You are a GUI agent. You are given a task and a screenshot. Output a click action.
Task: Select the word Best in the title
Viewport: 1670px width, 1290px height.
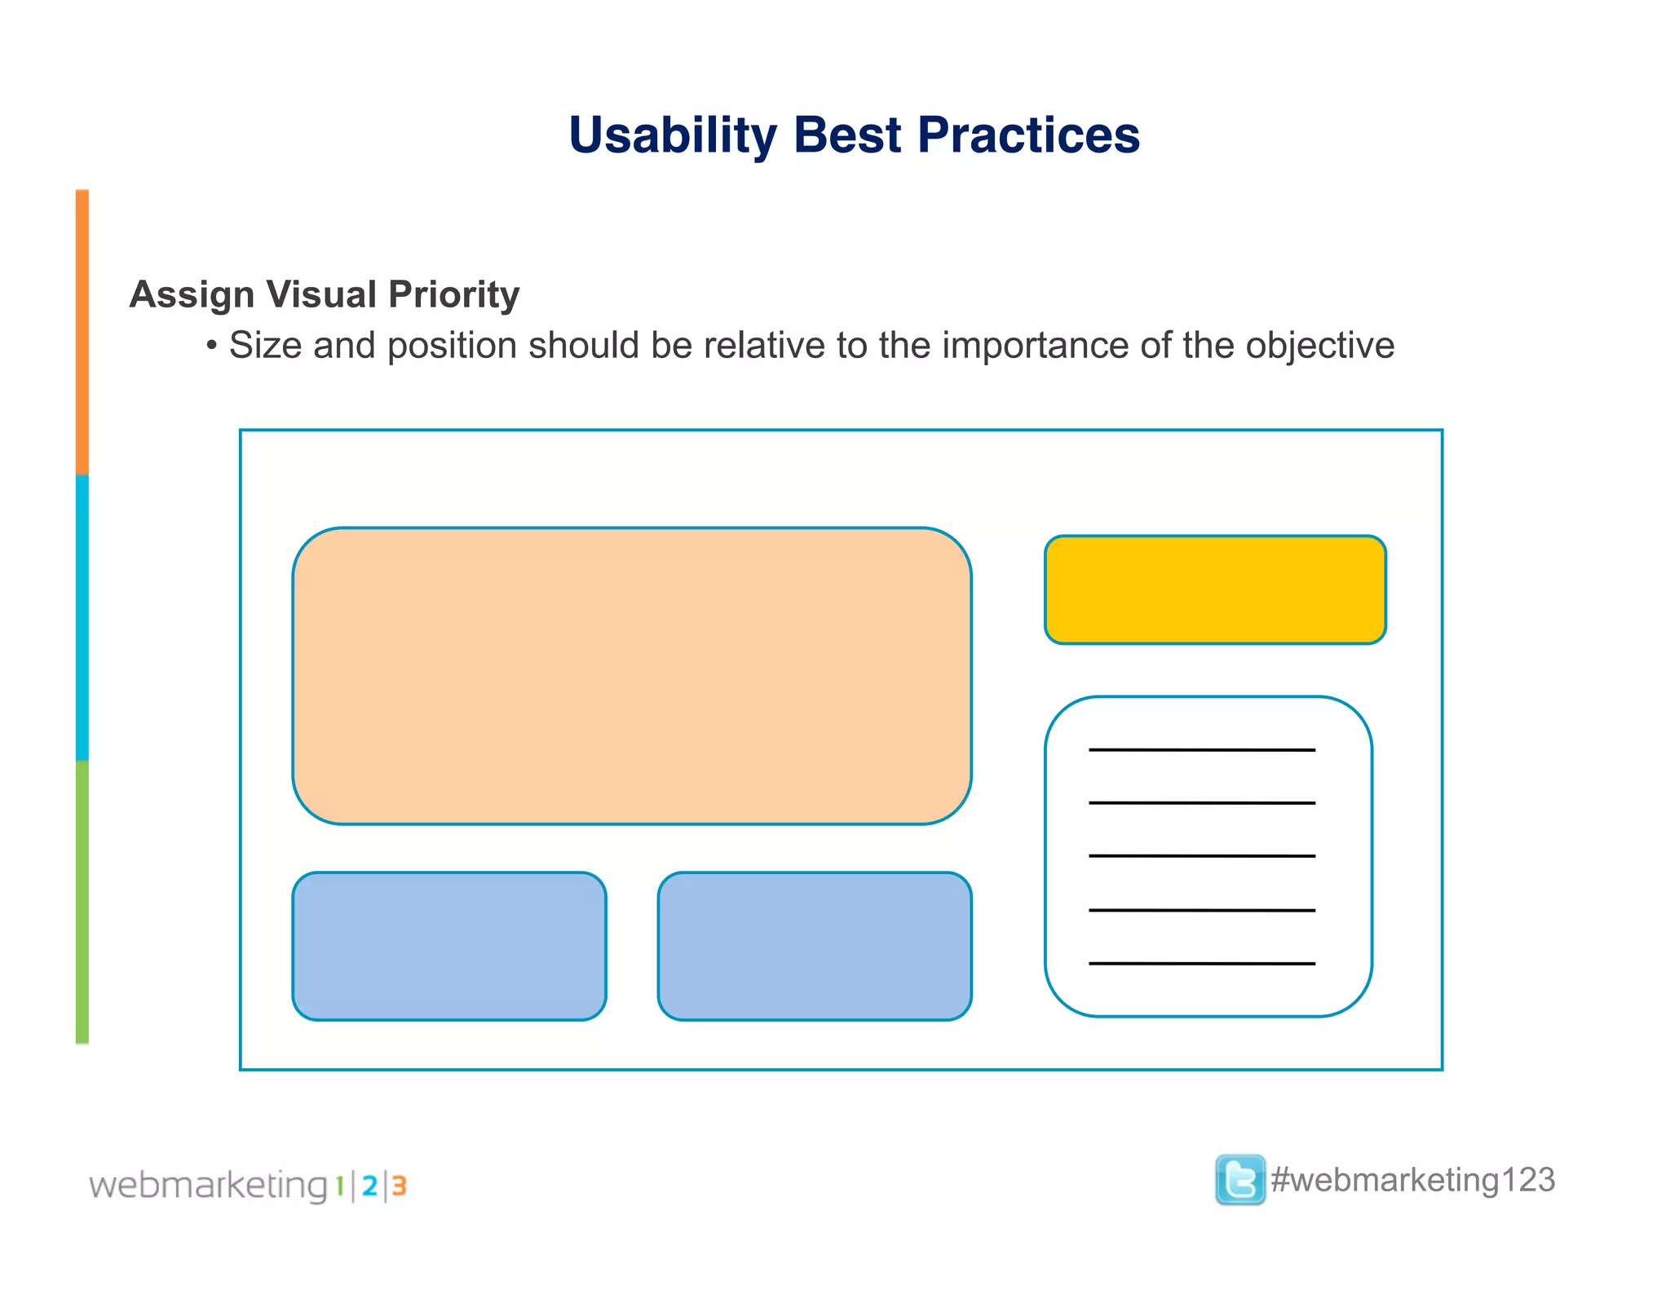(847, 135)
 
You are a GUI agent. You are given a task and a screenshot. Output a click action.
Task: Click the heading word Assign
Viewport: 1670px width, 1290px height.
(192, 295)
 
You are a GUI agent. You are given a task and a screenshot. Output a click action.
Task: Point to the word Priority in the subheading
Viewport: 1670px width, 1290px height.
(453, 295)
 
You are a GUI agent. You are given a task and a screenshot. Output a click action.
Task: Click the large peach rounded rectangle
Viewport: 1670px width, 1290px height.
(631, 676)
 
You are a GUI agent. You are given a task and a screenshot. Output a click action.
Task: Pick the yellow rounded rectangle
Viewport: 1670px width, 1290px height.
(1215, 590)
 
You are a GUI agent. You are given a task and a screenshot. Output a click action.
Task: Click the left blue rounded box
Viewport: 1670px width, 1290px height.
(448, 946)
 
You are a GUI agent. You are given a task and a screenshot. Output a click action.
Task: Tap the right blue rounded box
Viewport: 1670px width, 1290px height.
(814, 946)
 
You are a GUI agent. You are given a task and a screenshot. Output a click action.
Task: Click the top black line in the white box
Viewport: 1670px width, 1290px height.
(1201, 749)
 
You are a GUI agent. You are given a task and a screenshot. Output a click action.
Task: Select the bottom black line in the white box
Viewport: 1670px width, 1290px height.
(1201, 964)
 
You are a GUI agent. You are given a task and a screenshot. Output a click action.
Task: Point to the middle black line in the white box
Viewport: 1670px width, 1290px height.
(1201, 856)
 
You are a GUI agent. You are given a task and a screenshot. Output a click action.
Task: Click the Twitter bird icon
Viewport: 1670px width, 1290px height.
(1239, 1180)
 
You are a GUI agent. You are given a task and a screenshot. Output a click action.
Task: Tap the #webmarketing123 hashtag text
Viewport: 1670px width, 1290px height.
(1412, 1181)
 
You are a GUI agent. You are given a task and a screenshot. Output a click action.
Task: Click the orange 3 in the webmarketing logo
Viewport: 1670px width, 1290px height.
(399, 1186)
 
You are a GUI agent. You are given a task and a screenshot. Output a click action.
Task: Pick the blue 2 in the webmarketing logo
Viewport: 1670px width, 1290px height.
(369, 1186)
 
